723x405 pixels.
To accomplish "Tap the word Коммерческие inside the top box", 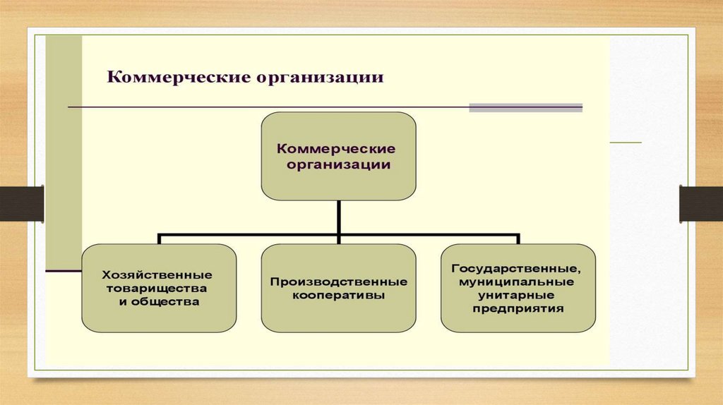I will [x=335, y=150].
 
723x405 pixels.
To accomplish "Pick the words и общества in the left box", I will [x=158, y=302].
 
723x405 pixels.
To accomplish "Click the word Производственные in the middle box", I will [x=338, y=282].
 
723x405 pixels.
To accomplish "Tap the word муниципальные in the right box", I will [x=518, y=282].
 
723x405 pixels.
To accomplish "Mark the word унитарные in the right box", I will [x=518, y=295].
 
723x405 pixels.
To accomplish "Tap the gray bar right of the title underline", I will [x=525, y=108].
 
